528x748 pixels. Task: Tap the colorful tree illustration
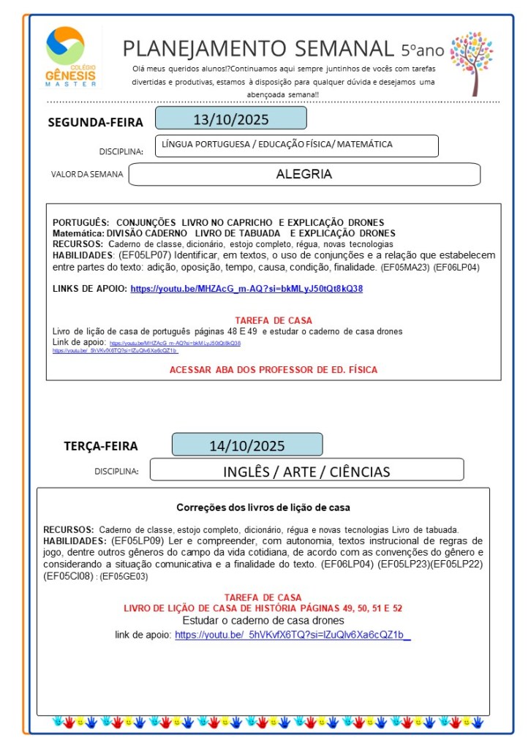[x=471, y=62]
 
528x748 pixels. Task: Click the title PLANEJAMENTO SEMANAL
[x=258, y=48]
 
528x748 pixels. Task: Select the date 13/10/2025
[x=230, y=118]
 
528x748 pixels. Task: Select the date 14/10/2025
[x=246, y=445]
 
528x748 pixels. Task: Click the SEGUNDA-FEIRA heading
[x=95, y=122]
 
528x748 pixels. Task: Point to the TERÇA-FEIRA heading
[x=100, y=446]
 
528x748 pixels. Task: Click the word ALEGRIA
[x=303, y=174]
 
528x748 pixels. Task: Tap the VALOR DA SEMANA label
[x=87, y=175]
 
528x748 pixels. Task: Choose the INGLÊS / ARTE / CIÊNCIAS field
[x=306, y=471]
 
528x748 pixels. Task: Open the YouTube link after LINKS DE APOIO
[x=246, y=288]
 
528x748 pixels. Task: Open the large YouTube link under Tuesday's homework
[x=293, y=635]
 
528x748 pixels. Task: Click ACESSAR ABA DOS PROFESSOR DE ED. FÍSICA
[x=274, y=370]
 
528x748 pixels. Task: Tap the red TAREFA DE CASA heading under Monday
[x=274, y=320]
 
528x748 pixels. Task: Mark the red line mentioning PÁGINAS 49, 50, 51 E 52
[x=263, y=608]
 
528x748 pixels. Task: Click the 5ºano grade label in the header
[x=422, y=50]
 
